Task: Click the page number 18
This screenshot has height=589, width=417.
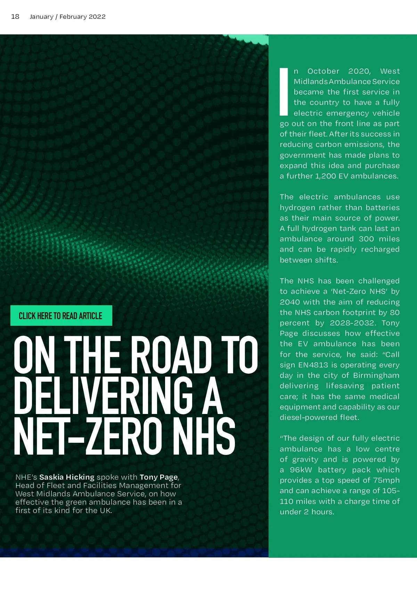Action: [x=15, y=17]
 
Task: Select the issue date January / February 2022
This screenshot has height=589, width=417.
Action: [x=67, y=17]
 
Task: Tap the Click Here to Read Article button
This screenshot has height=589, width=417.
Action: [x=61, y=316]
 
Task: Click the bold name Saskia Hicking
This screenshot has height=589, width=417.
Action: [x=67, y=477]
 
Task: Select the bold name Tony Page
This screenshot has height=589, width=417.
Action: [x=158, y=477]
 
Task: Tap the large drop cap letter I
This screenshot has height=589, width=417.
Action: [x=284, y=92]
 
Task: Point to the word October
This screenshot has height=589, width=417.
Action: [x=323, y=71]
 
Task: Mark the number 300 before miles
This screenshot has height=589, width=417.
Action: [x=366, y=239]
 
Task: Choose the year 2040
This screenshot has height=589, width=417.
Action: [x=290, y=302]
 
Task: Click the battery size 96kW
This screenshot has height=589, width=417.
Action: [x=301, y=470]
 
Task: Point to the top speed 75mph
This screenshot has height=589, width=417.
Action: [x=386, y=480]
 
